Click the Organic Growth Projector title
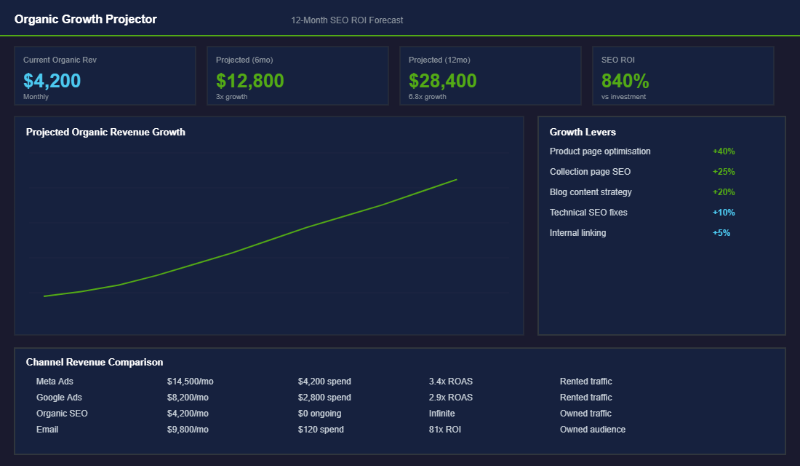[85, 20]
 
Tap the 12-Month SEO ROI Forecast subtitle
[347, 20]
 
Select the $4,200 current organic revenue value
[52, 80]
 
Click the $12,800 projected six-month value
[249, 80]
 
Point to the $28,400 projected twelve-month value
[442, 80]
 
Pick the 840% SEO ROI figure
[625, 80]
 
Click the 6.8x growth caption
[428, 97]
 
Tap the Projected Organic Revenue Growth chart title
[105, 132]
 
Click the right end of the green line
[456, 179]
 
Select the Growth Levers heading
[583, 132]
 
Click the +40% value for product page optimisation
[724, 151]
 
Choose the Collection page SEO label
[590, 172]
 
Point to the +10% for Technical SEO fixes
[724, 213]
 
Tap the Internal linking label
[577, 233]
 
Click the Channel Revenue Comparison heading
[95, 362]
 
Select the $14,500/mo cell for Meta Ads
[190, 382]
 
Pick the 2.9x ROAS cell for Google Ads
[450, 398]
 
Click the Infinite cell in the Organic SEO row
[441, 414]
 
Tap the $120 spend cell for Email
[321, 430]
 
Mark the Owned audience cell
[592, 430]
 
